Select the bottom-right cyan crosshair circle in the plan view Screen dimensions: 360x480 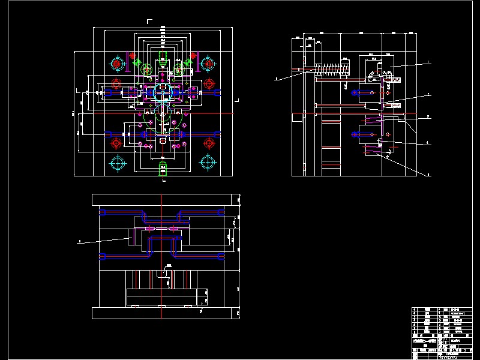coord(208,162)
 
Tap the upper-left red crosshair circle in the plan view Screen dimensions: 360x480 coord(117,82)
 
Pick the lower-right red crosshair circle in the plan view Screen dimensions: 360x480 coord(209,143)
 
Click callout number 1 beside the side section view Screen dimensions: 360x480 coord(428,63)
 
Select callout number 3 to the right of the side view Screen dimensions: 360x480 coord(428,116)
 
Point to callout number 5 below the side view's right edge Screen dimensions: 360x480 coord(428,175)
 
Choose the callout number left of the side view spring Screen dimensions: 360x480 coord(277,78)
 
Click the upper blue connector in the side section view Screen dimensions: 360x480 coord(363,93)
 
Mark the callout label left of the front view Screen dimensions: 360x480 coord(79,242)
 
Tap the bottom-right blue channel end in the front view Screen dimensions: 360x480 coord(223,256)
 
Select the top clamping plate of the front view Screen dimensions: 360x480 coord(162,199)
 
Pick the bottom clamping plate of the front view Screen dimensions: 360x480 coord(162,313)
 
